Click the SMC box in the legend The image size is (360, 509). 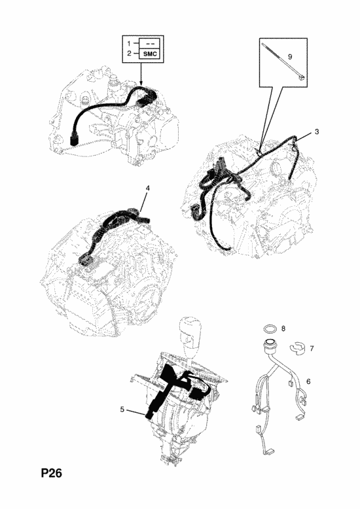point(150,54)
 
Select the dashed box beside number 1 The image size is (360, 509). point(150,43)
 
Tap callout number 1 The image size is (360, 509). point(129,43)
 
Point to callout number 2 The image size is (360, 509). point(129,54)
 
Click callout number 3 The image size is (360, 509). point(317,132)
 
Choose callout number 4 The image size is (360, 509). point(147,188)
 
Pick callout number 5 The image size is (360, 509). point(122,410)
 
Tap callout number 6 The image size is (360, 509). point(308,381)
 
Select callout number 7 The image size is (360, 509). point(312,348)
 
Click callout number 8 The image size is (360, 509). point(283,328)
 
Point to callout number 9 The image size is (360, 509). point(290,56)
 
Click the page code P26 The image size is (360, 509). point(51,473)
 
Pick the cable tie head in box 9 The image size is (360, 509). point(302,78)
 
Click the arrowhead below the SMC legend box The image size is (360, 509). point(141,84)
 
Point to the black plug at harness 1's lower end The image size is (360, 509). point(74,141)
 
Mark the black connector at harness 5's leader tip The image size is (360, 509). point(150,415)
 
